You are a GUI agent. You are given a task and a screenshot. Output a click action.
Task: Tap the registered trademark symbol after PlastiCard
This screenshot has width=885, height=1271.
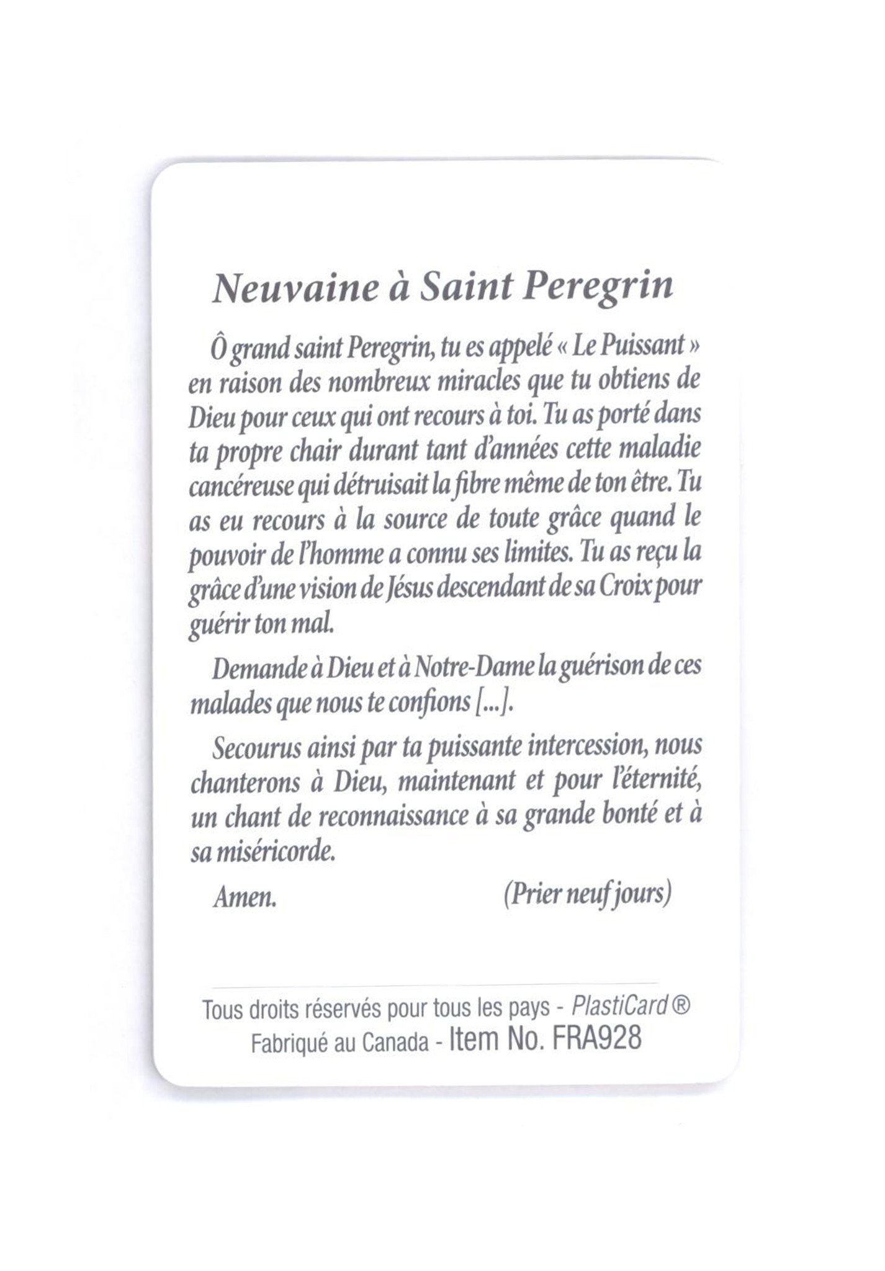point(681,1006)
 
